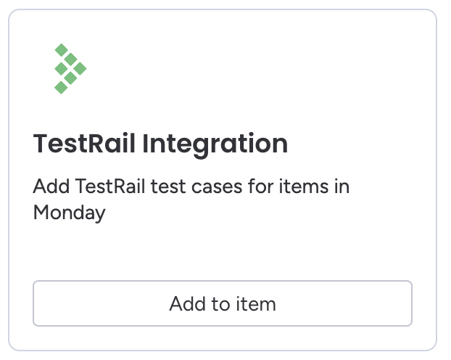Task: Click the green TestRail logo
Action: [x=70, y=69]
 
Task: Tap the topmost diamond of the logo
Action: [x=61, y=50]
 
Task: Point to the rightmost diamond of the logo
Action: [x=80, y=68]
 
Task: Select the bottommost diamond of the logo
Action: [x=61, y=87]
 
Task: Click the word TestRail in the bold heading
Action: [x=84, y=144]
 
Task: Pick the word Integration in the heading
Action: [x=215, y=145]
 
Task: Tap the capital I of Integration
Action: [x=145, y=144]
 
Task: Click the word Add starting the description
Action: [x=51, y=187]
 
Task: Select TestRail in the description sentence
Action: [x=110, y=187]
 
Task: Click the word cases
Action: [x=217, y=188]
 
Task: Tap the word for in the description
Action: [x=260, y=186]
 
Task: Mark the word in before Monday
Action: [x=342, y=187]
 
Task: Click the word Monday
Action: [x=70, y=213]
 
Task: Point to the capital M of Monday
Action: [x=41, y=212]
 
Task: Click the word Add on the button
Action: [x=188, y=303]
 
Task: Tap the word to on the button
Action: [x=221, y=304]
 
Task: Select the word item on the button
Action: [x=256, y=303]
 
